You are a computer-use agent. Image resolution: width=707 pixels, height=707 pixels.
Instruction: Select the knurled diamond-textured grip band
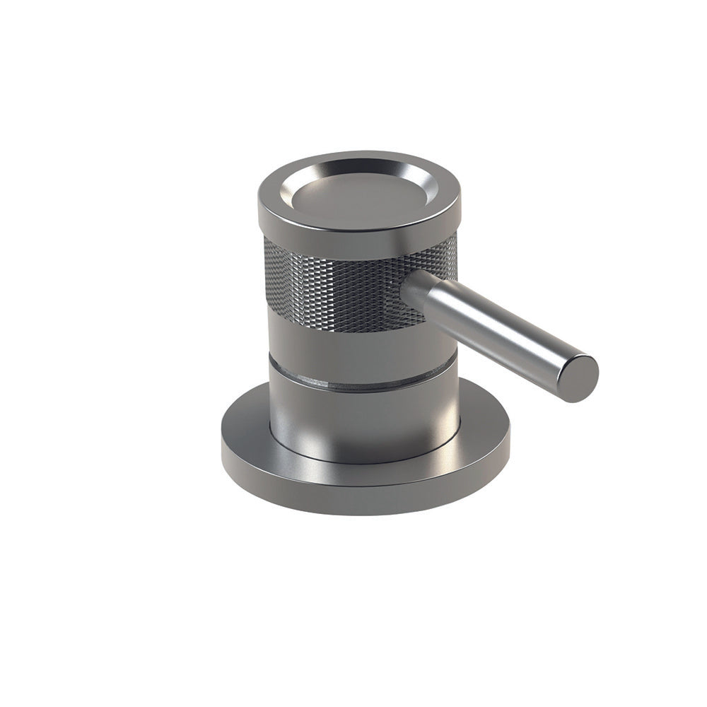coord(332,283)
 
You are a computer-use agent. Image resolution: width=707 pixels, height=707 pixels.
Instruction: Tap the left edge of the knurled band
coord(267,276)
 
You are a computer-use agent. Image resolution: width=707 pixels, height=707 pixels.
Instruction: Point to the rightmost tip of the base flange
coord(508,438)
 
